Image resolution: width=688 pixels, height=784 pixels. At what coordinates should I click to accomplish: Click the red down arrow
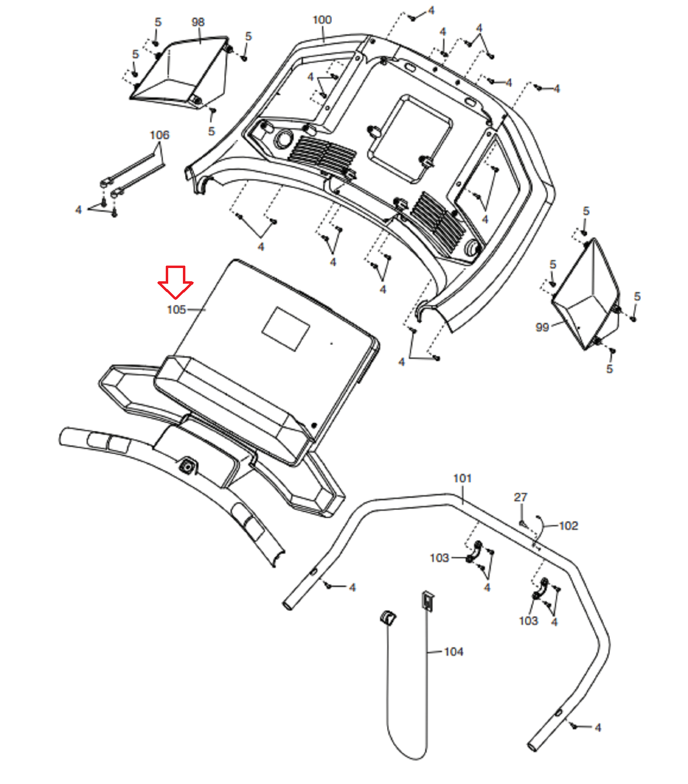click(175, 282)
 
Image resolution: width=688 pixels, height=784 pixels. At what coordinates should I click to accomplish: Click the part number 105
click(177, 310)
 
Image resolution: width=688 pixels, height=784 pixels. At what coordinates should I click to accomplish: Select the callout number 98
click(198, 22)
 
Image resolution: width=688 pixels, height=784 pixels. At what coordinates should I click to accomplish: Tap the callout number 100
click(322, 20)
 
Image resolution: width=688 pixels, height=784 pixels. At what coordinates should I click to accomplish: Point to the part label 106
click(159, 135)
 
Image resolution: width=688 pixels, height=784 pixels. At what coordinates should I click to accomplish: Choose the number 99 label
click(542, 327)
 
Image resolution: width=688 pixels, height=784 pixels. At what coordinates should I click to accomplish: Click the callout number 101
click(462, 478)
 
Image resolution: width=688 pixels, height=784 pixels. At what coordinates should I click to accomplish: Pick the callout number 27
click(520, 497)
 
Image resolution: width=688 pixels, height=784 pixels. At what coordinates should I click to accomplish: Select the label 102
click(568, 526)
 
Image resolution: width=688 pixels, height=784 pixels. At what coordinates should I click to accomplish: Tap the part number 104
click(454, 652)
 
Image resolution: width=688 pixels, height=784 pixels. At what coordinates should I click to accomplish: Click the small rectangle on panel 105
click(286, 329)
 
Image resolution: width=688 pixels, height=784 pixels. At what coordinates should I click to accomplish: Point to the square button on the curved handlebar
click(187, 466)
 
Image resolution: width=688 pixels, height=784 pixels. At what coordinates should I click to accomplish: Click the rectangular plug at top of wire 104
click(428, 601)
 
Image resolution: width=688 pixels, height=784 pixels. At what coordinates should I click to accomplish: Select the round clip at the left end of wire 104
click(388, 617)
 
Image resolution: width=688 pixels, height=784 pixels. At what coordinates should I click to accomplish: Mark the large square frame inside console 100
click(410, 139)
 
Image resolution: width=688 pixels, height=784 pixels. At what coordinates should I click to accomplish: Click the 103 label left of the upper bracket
click(439, 558)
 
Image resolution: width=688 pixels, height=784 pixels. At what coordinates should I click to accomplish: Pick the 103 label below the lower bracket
click(529, 621)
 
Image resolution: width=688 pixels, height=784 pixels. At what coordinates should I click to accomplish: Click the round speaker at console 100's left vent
click(282, 139)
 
